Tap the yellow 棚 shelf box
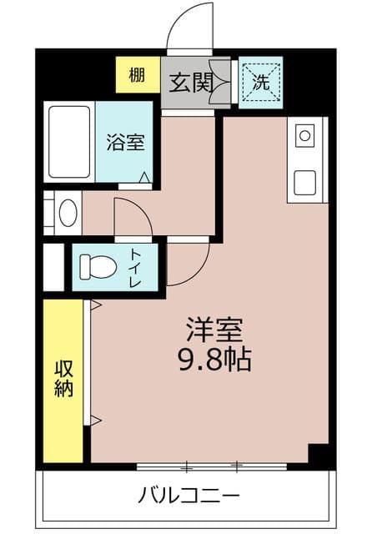pos(137,74)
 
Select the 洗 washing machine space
pos(260,83)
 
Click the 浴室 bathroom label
pos(124,142)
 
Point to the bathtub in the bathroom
pos(68,141)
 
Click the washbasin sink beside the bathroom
pos(67,214)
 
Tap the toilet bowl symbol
pos(98,267)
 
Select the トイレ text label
pos(136,267)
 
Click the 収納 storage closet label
pos(63,378)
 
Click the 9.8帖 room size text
pos(214,360)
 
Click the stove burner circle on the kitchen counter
pos(304,134)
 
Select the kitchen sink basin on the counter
pos(304,181)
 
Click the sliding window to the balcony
pos(213,464)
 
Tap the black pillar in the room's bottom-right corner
pos(319,455)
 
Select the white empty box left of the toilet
pos(53,267)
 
